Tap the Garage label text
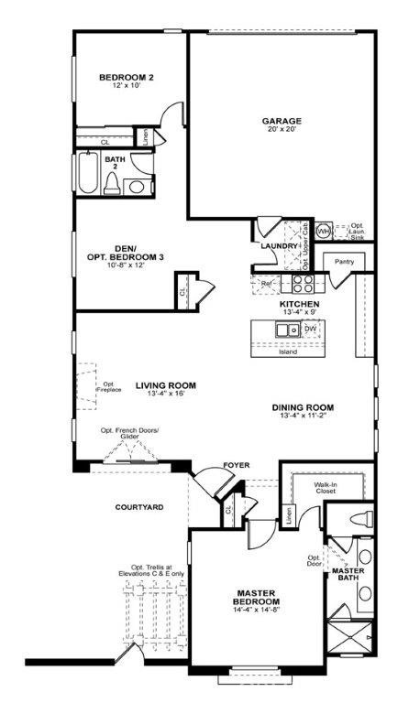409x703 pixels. pos(282,120)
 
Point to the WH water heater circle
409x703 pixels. pos(323,232)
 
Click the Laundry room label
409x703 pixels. pos(279,245)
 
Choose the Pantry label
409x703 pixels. pos(345,262)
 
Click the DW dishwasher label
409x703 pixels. pos(310,328)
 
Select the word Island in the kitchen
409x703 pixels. pos(288,351)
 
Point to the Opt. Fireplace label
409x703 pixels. pos(108,387)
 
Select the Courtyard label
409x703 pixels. pos(139,506)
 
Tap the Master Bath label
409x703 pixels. pos(348,575)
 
